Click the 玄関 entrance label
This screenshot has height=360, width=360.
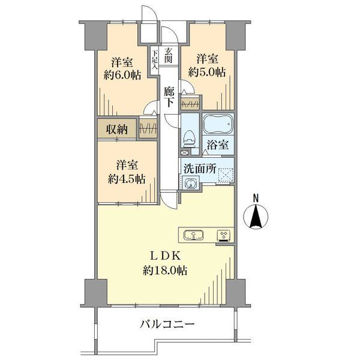click(168, 55)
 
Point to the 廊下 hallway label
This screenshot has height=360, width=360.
click(169, 97)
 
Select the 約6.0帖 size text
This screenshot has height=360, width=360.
click(122, 75)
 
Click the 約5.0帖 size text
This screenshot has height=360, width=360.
click(207, 73)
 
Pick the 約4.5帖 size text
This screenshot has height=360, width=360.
click(127, 179)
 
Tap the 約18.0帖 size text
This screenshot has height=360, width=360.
click(165, 270)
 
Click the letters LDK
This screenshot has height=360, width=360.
click(165, 256)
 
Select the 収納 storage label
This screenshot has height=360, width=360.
click(116, 130)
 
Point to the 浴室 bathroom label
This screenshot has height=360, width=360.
click(217, 145)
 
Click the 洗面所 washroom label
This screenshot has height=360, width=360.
click(200, 169)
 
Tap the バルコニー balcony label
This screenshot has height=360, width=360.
click(167, 324)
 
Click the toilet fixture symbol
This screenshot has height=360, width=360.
click(190, 139)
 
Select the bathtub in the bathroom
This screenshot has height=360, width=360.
click(218, 124)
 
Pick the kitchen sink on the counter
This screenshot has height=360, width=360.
click(194, 235)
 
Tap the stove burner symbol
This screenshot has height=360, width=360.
click(223, 236)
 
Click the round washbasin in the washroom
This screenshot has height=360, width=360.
click(190, 184)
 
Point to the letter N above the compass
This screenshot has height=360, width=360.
click(256, 198)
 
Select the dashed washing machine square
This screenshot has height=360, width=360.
click(226, 176)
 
